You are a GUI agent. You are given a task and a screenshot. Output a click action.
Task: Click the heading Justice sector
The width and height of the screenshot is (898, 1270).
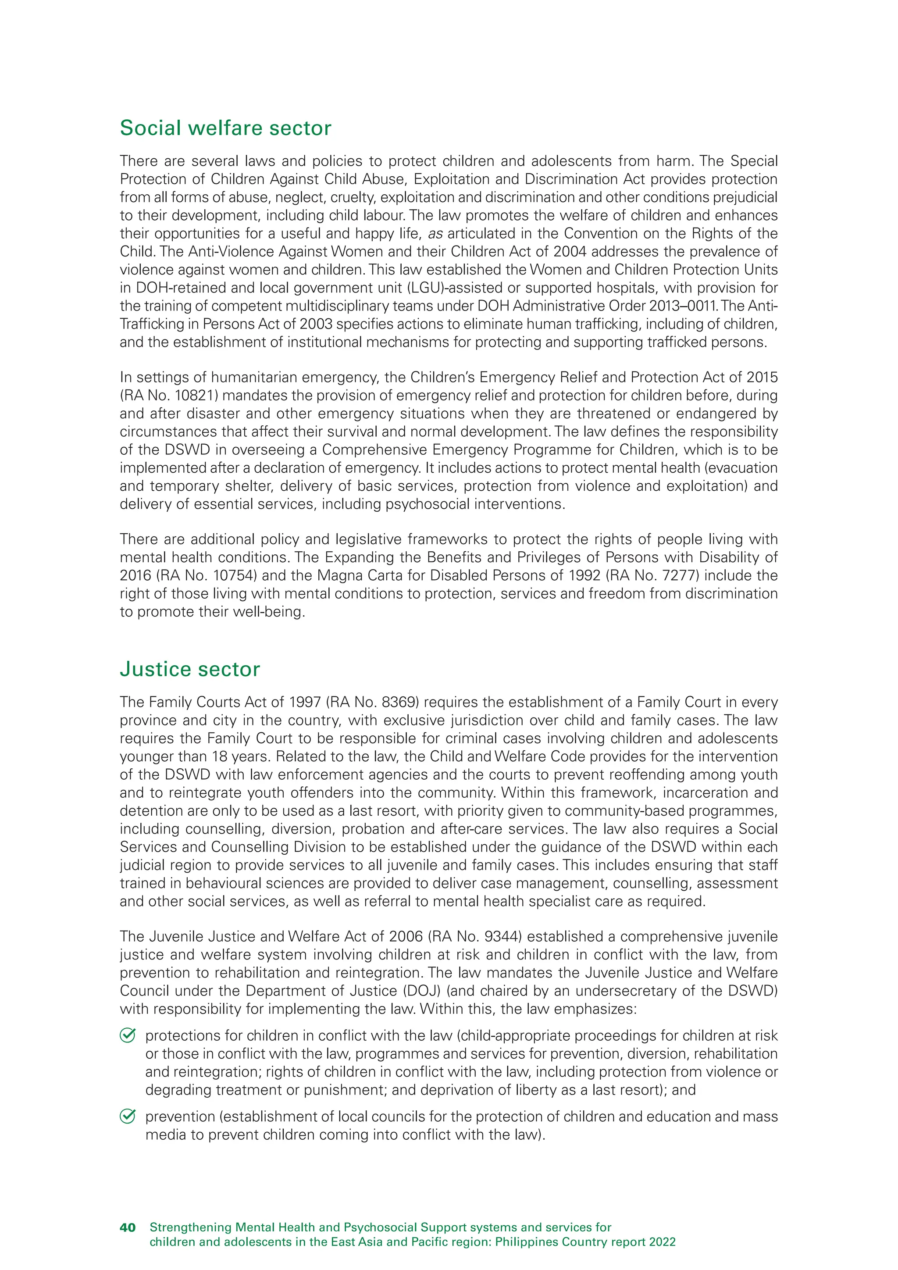(190, 669)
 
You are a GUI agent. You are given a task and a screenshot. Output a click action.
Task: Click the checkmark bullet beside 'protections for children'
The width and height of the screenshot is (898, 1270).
(128, 1035)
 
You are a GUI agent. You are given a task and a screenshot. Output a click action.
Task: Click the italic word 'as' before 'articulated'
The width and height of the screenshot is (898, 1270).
(435, 233)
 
